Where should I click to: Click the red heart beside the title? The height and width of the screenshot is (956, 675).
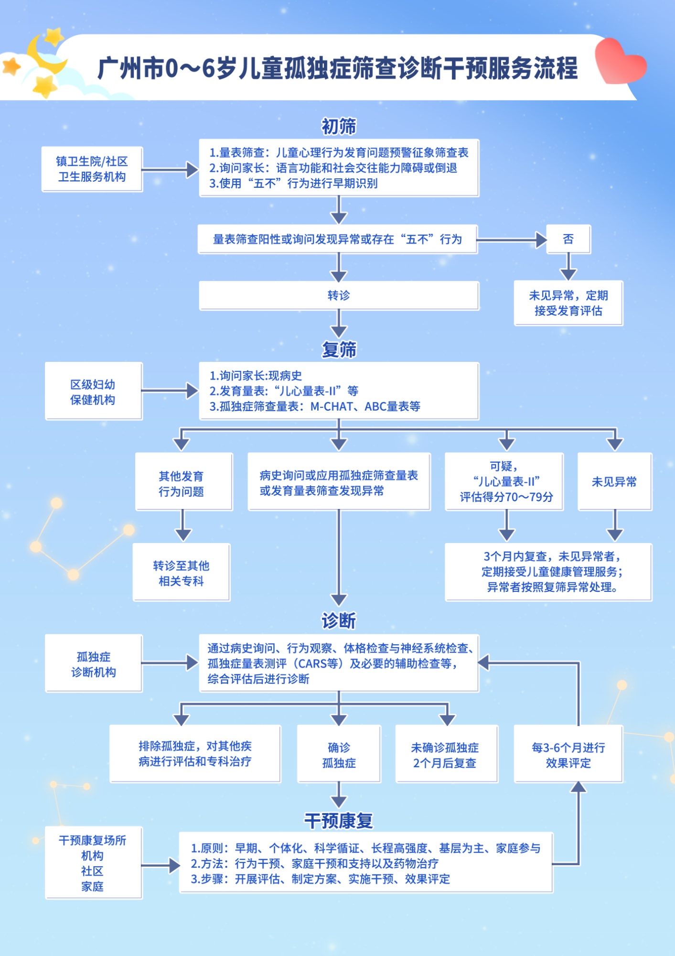620,61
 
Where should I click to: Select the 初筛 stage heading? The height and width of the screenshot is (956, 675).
339,126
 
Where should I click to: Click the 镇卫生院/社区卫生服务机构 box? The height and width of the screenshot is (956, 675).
92,169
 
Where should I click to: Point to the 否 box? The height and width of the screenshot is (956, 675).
568,239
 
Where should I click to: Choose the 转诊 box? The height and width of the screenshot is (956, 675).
339,295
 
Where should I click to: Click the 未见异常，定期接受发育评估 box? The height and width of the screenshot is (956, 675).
568,303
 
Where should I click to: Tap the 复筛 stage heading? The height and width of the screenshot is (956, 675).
339,349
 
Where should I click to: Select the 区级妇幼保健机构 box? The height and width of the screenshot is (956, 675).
94,391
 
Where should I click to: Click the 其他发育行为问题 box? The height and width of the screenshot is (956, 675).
184,482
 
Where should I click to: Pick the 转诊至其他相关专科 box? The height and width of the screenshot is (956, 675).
182,572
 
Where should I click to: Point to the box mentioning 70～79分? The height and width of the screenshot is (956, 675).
504,482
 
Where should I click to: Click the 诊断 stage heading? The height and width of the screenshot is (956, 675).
339,621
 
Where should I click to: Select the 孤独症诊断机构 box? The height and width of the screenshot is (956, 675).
94,663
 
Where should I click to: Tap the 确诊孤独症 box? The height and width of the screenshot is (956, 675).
339,754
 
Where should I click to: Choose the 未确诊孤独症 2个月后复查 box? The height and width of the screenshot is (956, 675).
447,754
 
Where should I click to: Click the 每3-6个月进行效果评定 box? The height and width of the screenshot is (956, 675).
568,754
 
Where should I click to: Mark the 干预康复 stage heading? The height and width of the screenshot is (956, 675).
339,821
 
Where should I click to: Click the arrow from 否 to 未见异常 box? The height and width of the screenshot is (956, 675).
568,267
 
